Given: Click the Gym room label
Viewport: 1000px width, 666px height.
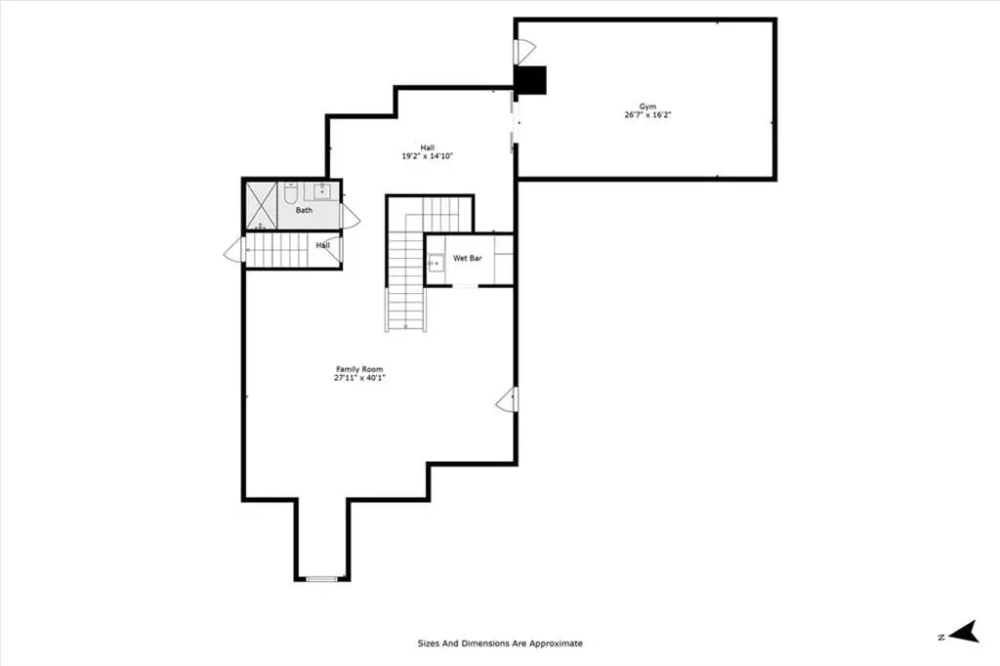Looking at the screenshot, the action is pos(647,106).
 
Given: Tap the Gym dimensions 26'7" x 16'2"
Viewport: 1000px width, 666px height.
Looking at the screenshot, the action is pos(647,115).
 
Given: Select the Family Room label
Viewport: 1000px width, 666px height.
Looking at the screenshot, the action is pos(359,369).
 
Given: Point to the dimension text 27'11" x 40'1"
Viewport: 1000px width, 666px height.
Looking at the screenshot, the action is pos(359,378).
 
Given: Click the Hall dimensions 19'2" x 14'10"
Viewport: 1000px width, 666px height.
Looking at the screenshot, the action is pos(427,156).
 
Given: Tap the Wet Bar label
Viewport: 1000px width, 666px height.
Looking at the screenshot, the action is pos(468,259).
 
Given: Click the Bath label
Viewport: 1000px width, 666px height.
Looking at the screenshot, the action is pos(305,210).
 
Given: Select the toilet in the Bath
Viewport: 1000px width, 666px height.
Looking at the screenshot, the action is pos(291,192).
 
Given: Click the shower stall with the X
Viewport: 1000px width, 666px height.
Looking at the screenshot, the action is pos(261,205).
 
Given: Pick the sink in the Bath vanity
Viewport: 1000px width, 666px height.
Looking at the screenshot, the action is pos(322,190).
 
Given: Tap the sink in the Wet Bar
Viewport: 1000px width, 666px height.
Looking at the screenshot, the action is pos(437,263).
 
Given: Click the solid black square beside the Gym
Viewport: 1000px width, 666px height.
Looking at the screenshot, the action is pos(531,80).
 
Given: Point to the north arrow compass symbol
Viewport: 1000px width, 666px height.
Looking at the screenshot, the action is pos(963,632).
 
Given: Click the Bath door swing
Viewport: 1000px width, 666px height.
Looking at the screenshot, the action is pos(351,217).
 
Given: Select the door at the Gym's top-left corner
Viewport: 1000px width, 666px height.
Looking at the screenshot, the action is pos(524,52).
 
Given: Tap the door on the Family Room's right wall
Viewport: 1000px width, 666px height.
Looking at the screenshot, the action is pos(507,399).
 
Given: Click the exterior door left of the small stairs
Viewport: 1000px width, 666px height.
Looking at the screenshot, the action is pos(234,250).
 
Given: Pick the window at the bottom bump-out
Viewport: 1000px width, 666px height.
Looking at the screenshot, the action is pos(322,579).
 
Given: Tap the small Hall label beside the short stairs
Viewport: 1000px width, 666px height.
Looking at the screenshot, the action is pos(322,246).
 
